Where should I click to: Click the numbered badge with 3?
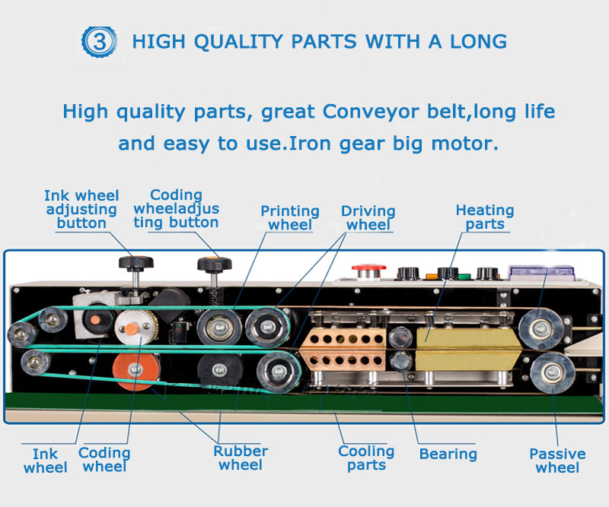99,42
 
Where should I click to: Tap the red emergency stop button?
368,271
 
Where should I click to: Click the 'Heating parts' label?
485,217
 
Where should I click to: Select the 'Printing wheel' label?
290,217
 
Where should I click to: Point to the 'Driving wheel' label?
368,217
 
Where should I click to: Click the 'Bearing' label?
448,454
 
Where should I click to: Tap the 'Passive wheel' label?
557,461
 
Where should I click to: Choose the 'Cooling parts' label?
366,458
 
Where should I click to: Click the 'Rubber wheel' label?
241,458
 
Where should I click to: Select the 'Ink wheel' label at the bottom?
46,461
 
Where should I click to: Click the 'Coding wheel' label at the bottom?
104,459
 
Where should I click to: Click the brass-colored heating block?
468,349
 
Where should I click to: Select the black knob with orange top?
215,264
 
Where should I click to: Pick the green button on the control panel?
464,277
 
